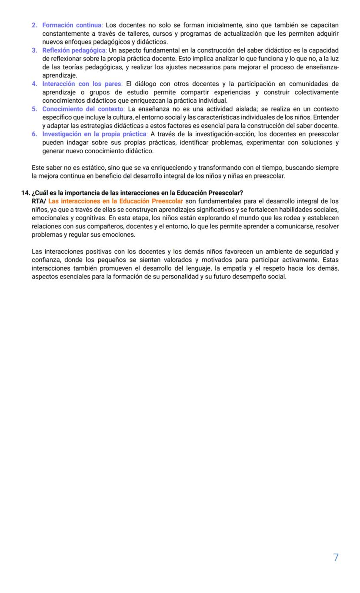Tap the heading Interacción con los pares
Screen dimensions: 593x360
82,84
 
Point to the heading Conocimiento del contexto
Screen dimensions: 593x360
83,109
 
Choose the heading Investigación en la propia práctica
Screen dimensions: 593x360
95,134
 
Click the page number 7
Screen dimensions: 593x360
336,558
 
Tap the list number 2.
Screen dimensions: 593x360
34,26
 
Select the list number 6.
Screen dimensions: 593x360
34,134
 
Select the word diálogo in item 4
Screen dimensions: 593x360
149,84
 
